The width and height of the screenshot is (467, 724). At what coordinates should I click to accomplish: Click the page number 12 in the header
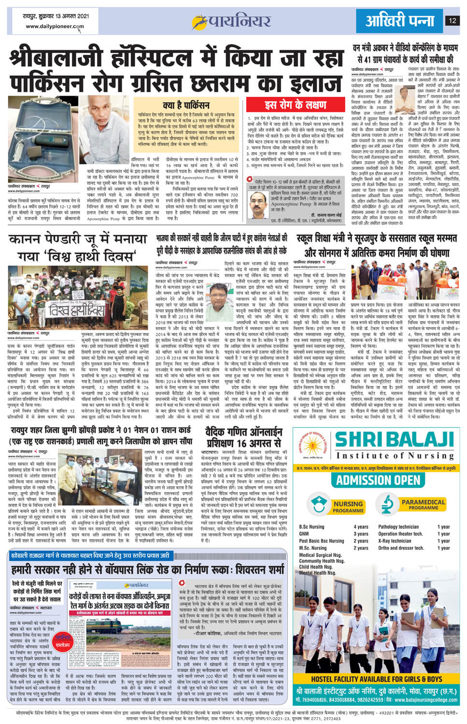coord(452,20)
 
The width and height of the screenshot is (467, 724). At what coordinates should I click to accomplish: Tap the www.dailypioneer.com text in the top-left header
coord(55,27)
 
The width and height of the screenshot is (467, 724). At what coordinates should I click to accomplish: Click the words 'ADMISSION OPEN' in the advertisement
coord(378,480)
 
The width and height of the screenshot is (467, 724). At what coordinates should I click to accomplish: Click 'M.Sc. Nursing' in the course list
coord(312,548)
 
